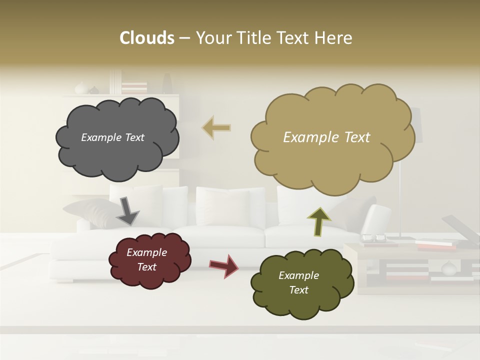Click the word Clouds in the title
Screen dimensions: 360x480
(x=146, y=38)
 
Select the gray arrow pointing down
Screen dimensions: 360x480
(x=127, y=210)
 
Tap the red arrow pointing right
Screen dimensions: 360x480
(x=224, y=265)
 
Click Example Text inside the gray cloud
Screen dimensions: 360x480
(x=112, y=137)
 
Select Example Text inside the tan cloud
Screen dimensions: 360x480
(x=326, y=137)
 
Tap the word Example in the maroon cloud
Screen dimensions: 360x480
(x=146, y=252)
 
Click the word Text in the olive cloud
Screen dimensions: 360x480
(x=298, y=290)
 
